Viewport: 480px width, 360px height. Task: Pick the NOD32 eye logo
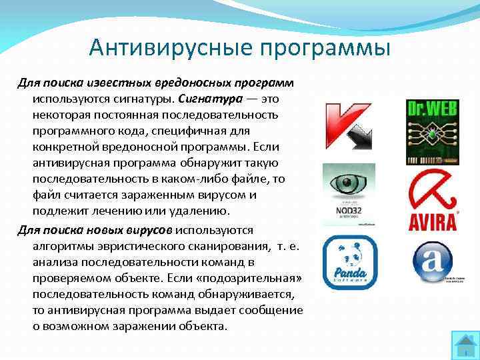[x=349, y=195]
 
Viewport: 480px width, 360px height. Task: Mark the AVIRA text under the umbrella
[x=432, y=221]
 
